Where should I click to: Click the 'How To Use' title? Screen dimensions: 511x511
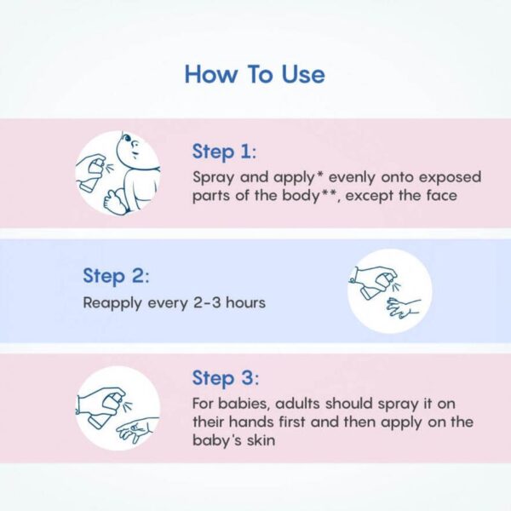tap(255, 74)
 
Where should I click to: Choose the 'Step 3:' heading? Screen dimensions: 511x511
tap(224, 377)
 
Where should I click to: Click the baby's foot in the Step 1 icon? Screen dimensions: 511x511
tap(111, 199)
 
